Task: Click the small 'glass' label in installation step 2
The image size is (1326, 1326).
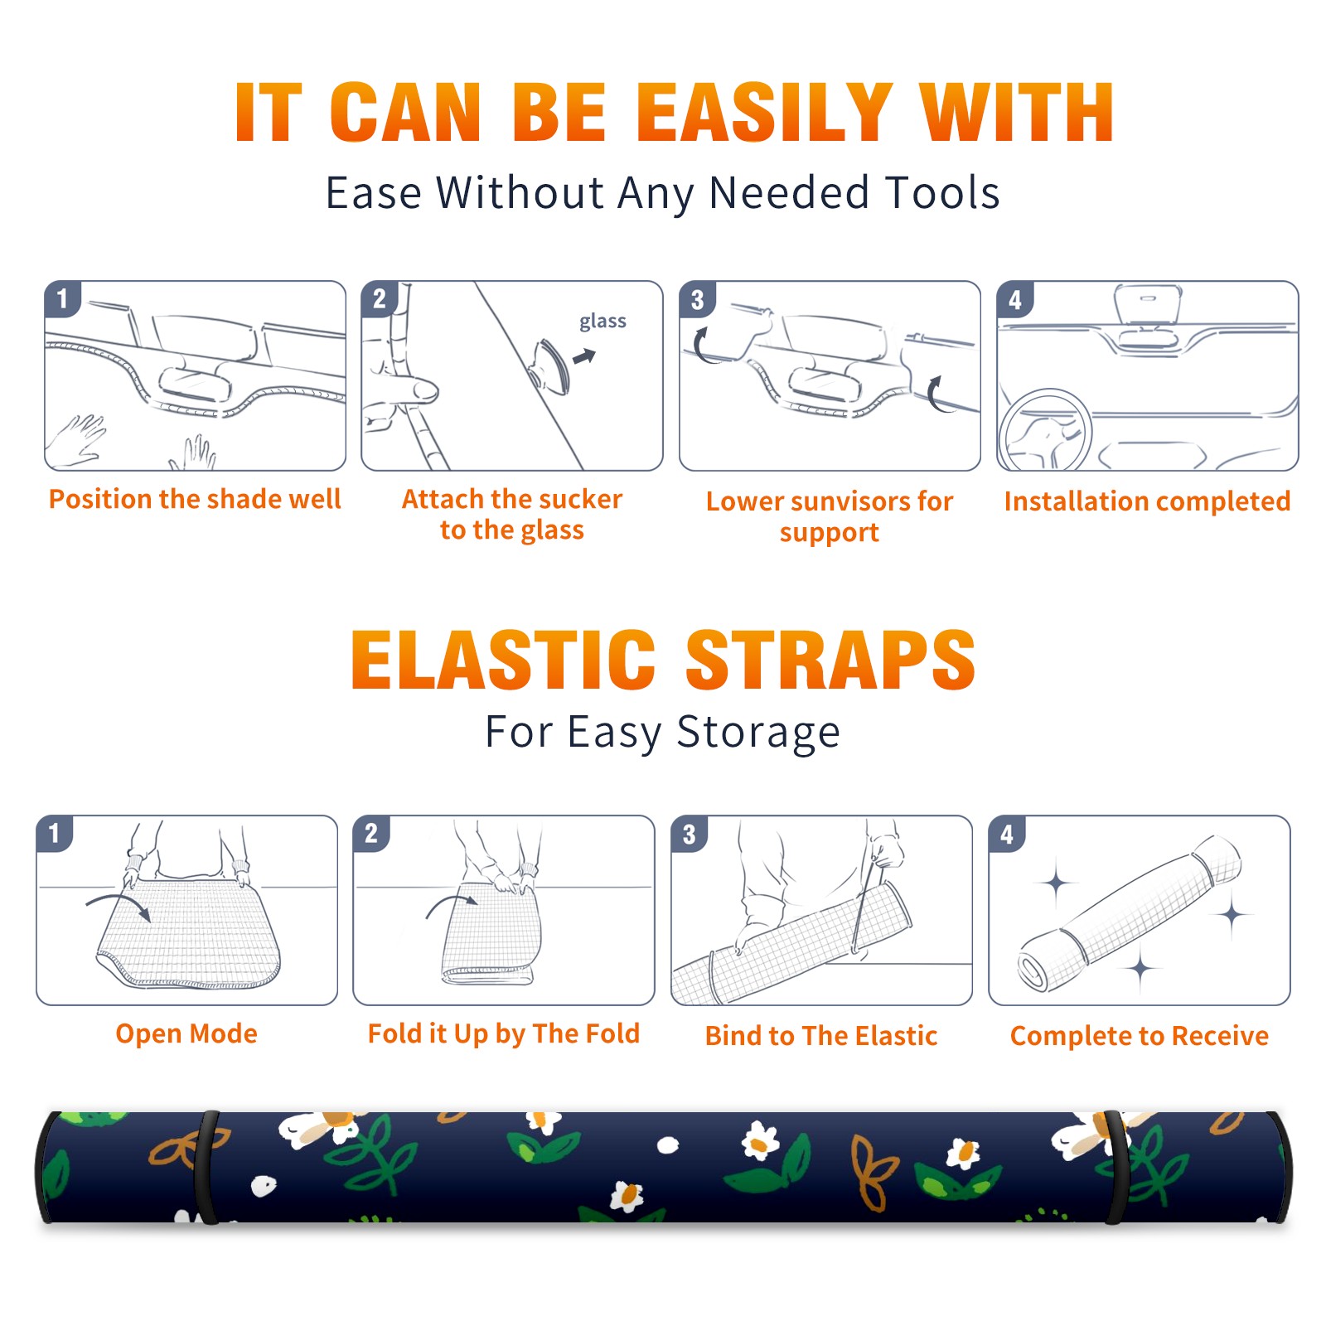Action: click(603, 322)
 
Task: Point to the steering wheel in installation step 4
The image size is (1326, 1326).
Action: click(1044, 429)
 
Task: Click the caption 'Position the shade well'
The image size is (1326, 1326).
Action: click(195, 499)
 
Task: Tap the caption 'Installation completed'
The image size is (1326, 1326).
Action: click(1147, 501)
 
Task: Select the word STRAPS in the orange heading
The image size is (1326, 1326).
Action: click(830, 660)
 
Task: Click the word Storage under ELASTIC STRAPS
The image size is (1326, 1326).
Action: click(758, 733)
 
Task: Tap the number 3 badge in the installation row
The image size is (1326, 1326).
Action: click(697, 299)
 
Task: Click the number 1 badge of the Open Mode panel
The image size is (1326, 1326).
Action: click(55, 833)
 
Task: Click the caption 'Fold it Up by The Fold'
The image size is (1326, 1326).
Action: click(504, 1034)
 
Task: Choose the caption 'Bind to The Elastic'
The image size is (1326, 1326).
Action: click(821, 1036)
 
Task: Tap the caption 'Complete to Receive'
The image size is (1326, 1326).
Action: click(1140, 1036)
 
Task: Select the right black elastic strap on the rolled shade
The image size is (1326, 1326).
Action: click(1116, 1168)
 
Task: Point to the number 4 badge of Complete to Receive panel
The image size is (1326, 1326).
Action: click(1007, 834)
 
